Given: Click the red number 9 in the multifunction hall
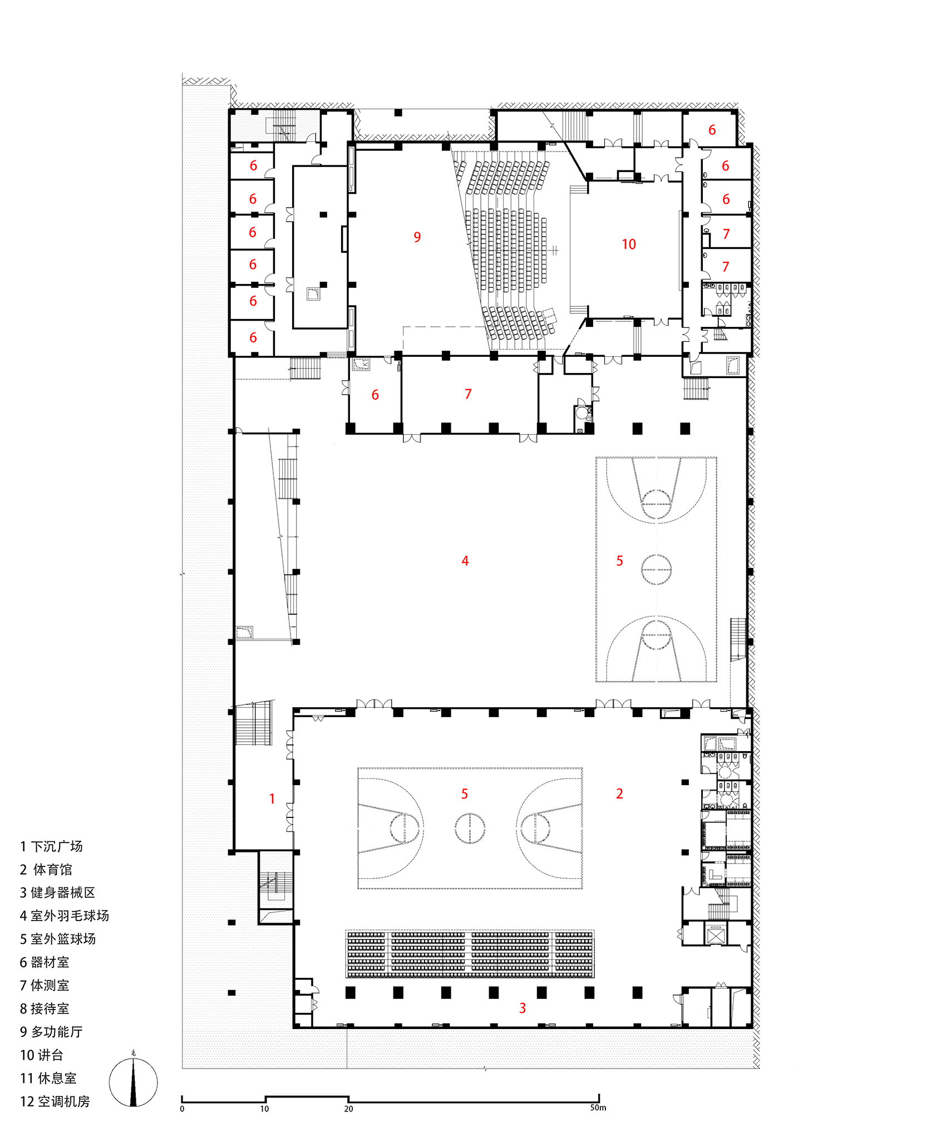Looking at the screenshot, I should pos(417,237).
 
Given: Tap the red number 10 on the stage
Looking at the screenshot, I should pos(629,244).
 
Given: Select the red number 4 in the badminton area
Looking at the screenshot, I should pos(465,561).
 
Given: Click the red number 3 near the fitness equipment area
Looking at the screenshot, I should pos(522,1008).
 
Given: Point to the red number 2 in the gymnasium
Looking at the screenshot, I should pos(619,793).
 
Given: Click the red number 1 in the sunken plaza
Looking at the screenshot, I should pos(272,799).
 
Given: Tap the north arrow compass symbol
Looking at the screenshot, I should pos(133,1082).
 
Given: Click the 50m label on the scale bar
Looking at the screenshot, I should pos(598,1108).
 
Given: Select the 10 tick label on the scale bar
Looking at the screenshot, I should pos(264,1109).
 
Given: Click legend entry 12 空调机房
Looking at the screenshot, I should pos(55,1101).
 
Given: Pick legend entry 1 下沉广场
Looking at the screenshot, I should pos(51,847).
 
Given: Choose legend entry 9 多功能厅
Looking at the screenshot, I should pos(51,1032).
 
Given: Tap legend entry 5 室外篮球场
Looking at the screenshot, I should pos(58,939).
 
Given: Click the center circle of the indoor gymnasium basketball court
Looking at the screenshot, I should pos(470,828).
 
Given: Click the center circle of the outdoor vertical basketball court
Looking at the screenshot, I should pos(656,570).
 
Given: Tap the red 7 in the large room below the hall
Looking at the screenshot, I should pos(468,394).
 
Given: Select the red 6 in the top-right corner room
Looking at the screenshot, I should pos(712,130).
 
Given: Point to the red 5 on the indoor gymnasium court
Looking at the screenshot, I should pos(465,794).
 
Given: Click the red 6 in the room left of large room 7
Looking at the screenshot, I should pos(375,395).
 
